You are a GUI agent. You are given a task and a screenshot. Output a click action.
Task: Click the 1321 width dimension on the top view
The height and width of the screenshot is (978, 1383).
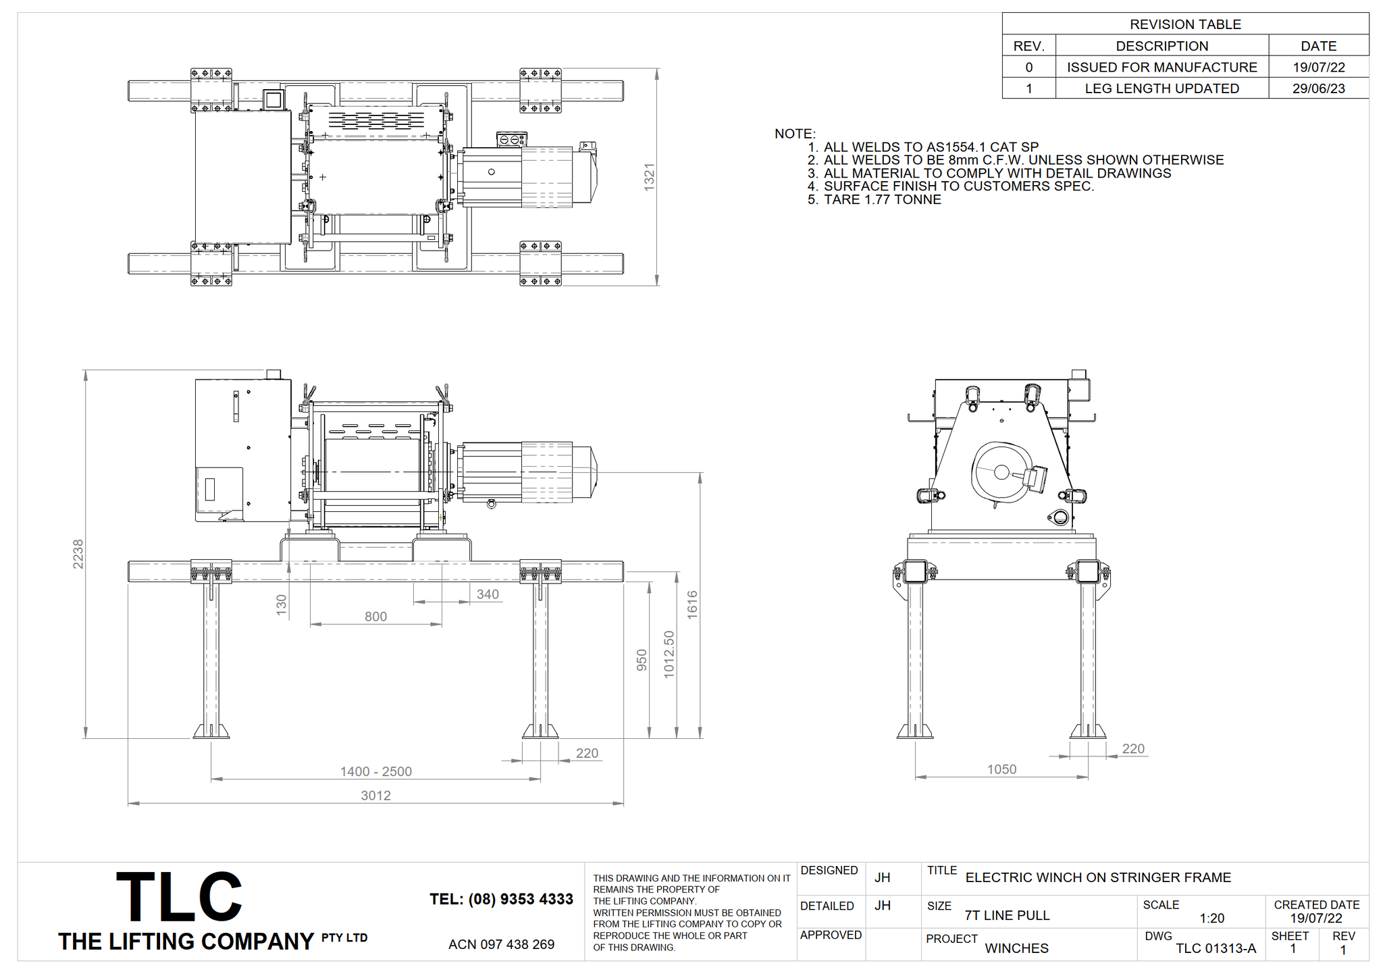[x=649, y=177]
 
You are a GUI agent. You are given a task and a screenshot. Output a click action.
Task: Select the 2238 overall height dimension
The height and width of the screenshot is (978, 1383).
[x=78, y=554]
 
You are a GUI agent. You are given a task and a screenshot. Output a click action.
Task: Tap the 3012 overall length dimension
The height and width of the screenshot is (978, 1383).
[x=375, y=796]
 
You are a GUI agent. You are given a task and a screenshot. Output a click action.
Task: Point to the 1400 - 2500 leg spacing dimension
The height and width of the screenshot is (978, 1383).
[x=375, y=771]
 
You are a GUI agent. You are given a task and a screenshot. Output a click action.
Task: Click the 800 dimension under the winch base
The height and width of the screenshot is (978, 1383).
[x=375, y=616]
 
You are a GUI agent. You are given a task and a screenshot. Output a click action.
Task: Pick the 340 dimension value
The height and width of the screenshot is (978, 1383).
[x=488, y=594]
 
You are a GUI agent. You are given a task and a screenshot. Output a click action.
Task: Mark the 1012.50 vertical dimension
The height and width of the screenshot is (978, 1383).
[x=669, y=654]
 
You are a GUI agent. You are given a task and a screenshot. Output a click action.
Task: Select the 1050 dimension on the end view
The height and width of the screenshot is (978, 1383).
[x=1001, y=769]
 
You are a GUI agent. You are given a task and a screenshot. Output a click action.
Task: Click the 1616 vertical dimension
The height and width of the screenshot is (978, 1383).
[x=692, y=604]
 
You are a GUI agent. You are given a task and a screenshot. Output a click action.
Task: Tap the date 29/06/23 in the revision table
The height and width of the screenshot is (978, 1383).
[x=1319, y=88]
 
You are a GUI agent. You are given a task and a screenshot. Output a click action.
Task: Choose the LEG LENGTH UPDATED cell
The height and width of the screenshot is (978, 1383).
[x=1162, y=88]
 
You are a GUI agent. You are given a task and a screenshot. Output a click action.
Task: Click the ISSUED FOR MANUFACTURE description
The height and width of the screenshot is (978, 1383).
[x=1162, y=68]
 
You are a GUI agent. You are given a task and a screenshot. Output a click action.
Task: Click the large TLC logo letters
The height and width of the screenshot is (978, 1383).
[x=179, y=896]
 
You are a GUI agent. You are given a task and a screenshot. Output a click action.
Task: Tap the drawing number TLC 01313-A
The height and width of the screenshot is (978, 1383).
[x=1216, y=948]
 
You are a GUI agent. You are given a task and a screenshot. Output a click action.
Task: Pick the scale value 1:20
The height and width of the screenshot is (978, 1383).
[x=1212, y=918]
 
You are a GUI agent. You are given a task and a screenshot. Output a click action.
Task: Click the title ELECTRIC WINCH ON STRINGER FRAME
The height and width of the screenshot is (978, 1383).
[x=1098, y=877]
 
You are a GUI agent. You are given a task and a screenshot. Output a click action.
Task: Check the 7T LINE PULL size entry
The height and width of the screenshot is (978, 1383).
[x=1007, y=915]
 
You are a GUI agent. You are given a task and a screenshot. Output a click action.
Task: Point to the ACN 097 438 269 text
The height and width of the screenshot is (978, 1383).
[x=501, y=944]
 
